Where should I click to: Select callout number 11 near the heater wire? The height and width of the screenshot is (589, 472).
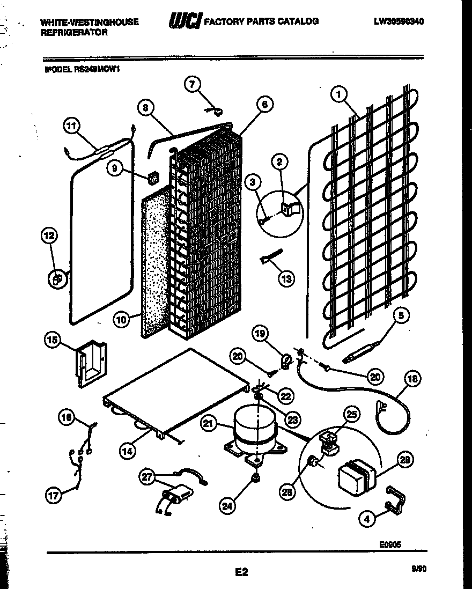click(x=71, y=127)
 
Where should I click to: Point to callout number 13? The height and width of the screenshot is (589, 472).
click(x=287, y=278)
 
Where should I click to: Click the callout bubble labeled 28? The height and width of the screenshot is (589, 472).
click(x=405, y=459)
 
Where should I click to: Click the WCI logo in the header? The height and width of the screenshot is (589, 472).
click(x=185, y=21)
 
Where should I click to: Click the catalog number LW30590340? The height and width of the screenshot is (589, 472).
click(x=399, y=21)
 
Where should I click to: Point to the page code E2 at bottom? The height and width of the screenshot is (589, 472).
click(x=241, y=572)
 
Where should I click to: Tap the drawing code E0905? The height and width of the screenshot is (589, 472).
click(x=390, y=544)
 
